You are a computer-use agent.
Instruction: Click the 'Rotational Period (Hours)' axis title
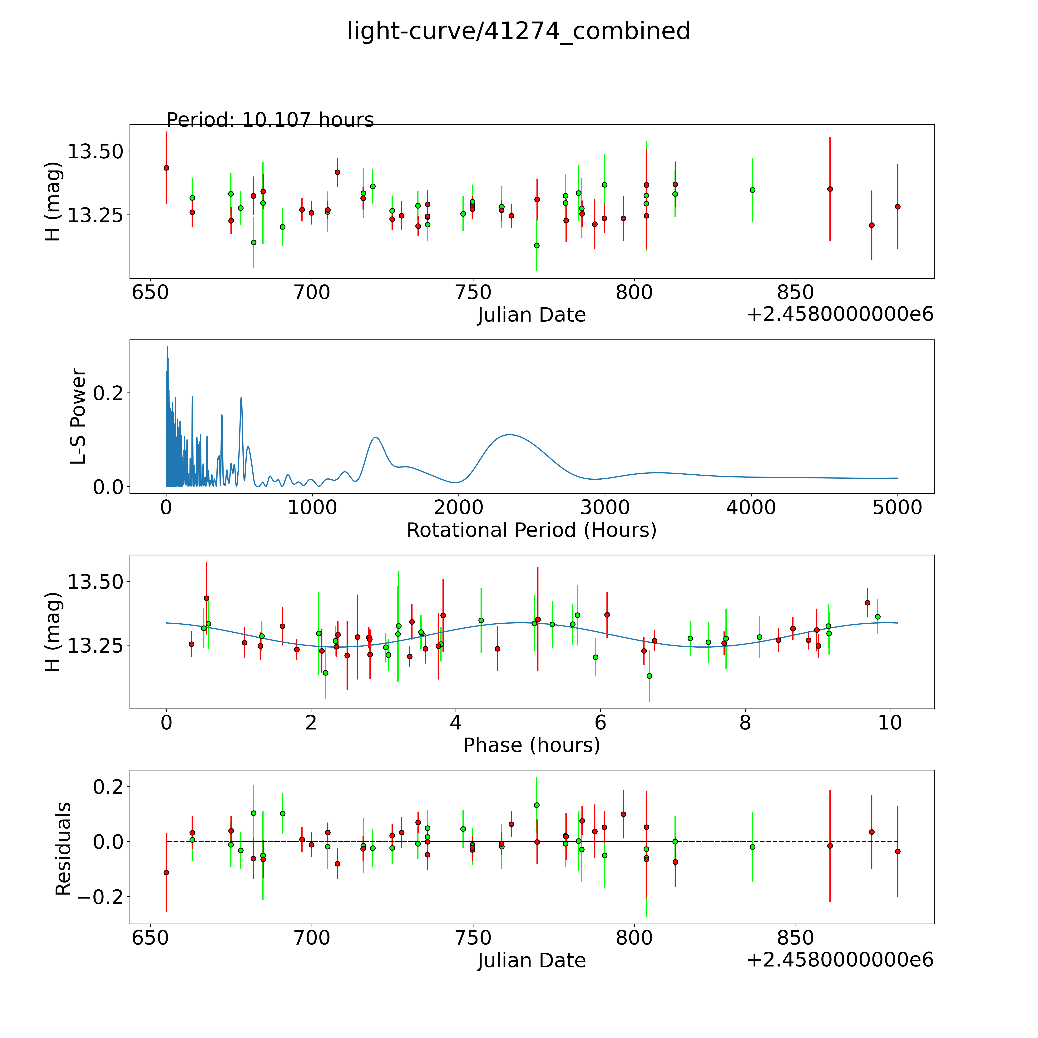pos(531,530)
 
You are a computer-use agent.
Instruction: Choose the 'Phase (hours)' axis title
pos(531,745)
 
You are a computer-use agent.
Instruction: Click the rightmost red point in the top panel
pos(897,206)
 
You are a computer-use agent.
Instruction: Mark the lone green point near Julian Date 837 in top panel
pos(752,190)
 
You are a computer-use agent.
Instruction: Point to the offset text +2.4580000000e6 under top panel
pos(840,314)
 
